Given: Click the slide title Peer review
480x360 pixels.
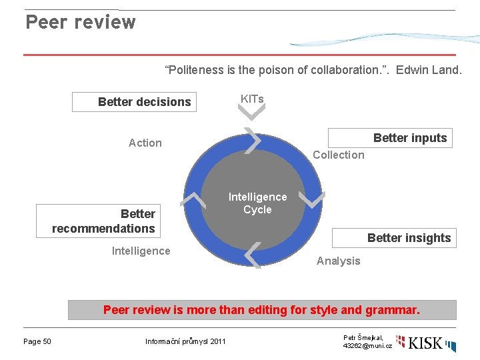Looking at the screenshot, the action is pos(80,22).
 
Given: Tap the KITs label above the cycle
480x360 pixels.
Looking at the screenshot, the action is pos(252,99).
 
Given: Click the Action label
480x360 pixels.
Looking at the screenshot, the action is pos(145,143).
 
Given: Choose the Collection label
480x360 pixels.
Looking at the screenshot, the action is pos(339,155).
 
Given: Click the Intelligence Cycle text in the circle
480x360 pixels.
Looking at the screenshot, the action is pos(257,203).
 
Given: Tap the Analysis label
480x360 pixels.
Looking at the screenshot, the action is pos(338,261).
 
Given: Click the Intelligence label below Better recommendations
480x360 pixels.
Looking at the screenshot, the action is pos(141,251).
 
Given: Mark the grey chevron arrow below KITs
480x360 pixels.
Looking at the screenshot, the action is pos(252,113).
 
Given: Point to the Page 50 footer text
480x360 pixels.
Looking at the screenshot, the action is pos(37,342).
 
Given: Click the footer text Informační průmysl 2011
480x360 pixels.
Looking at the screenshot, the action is pos(185,342).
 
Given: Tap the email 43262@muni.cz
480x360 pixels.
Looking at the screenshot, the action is pos(367,346).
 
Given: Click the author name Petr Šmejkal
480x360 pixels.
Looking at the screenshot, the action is pos(363,338).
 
